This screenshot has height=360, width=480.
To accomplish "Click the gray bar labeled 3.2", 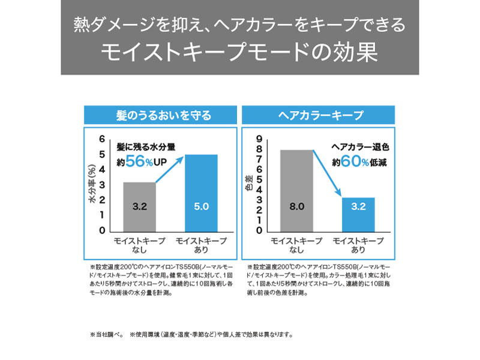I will coord(139,206).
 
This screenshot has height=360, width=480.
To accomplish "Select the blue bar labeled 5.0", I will coord(200,193).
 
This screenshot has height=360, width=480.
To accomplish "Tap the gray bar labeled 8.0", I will coord(296,190).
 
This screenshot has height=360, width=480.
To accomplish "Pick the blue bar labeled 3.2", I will coord(358,214).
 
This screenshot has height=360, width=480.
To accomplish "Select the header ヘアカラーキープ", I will coord(319,115).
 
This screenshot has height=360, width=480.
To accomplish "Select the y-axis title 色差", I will coord(249,184).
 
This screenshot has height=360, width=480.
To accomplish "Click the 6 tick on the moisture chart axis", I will coord(102,138).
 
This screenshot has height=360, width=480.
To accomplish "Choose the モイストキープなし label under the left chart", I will coord(139,245).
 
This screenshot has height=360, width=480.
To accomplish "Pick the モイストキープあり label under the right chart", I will coord(358,245).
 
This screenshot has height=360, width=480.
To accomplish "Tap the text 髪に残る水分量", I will coord(146,146).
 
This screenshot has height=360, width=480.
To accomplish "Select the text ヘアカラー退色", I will coord(361,146).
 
